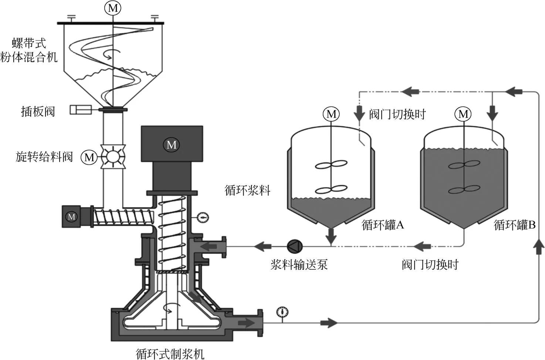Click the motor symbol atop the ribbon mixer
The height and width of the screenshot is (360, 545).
[x=113, y=8]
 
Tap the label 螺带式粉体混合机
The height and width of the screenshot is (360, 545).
[x=29, y=50]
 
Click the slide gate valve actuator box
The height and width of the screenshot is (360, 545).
[x=81, y=110]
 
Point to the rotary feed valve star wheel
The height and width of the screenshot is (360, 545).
[x=113, y=157]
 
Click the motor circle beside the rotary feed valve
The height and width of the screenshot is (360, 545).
[x=89, y=158]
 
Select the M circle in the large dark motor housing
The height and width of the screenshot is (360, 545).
[x=172, y=145]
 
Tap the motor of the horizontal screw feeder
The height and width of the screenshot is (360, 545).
[x=72, y=217]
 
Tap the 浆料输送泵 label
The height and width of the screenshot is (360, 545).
[x=299, y=265]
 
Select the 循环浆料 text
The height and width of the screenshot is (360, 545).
[x=247, y=190]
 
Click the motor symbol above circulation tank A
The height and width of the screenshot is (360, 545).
[x=331, y=114]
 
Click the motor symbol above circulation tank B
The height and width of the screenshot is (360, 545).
[x=463, y=114]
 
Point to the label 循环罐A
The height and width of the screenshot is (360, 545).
[x=383, y=225]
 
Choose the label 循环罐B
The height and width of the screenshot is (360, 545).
[x=515, y=225]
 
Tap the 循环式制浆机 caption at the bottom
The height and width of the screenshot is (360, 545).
[x=170, y=354]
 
